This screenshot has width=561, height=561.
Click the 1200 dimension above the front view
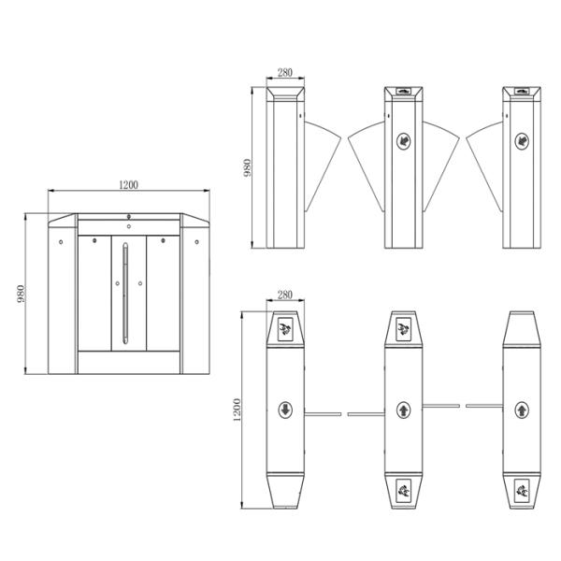[128, 185]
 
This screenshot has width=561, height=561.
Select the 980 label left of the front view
[22, 294]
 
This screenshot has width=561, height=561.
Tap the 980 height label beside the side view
[247, 167]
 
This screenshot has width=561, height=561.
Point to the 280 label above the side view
[285, 73]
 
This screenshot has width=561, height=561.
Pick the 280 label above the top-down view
[285, 295]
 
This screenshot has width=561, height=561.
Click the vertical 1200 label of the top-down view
[237, 410]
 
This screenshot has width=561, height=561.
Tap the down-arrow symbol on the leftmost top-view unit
[285, 410]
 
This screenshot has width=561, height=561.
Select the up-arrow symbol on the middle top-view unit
[404, 410]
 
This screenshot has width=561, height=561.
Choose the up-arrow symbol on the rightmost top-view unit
[522, 410]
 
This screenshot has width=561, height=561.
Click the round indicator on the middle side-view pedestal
[404, 141]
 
